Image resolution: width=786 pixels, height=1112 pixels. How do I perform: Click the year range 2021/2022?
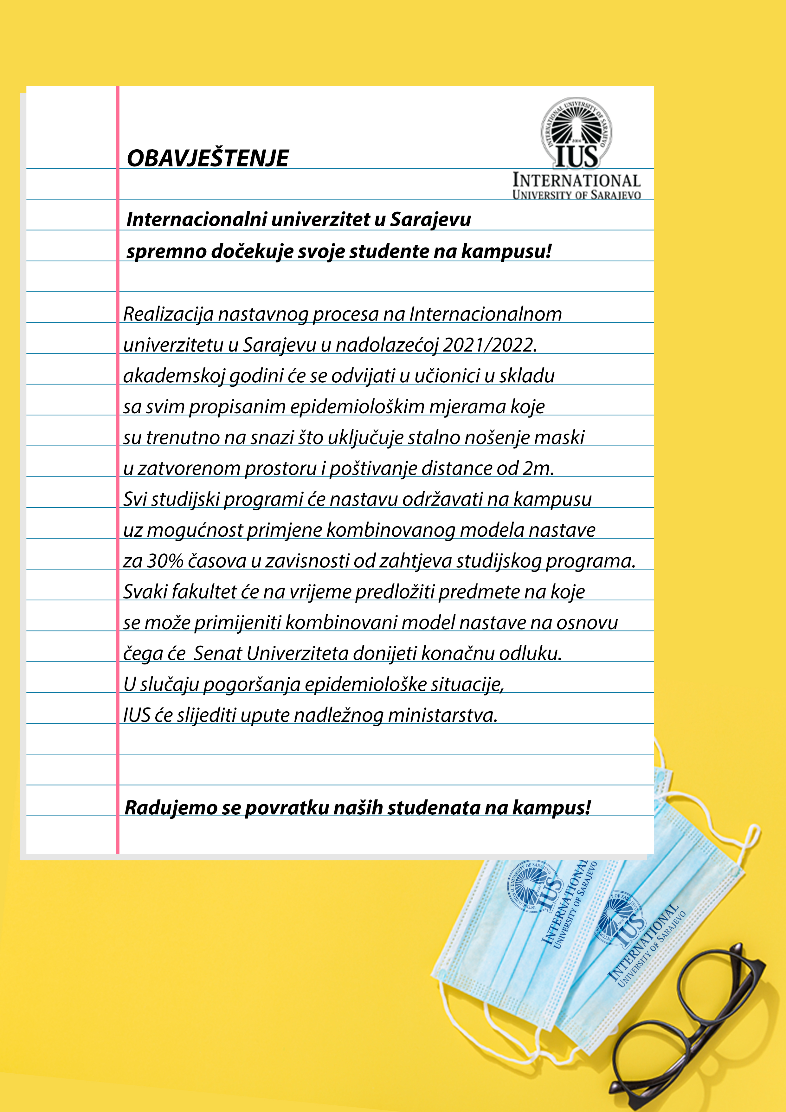(x=489, y=345)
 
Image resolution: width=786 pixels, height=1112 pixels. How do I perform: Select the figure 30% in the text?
(x=165, y=561)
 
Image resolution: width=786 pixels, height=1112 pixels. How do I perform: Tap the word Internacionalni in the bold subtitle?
(x=196, y=219)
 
